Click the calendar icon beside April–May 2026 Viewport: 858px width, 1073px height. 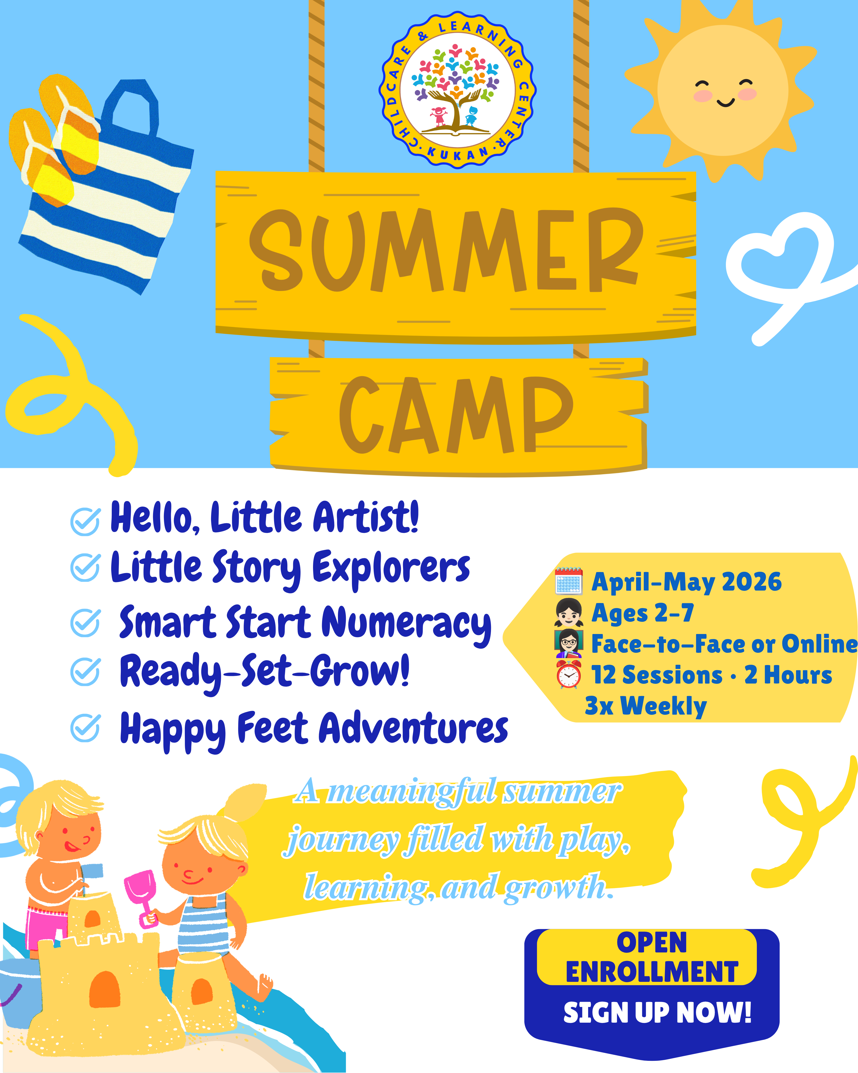point(569,581)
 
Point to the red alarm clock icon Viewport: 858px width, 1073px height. point(569,674)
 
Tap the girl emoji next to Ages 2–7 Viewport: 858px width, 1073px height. point(569,612)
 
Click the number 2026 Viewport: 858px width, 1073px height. point(752,582)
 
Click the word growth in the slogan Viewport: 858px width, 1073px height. point(558,887)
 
